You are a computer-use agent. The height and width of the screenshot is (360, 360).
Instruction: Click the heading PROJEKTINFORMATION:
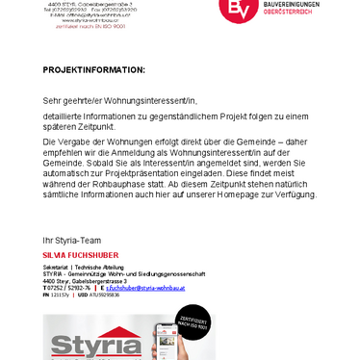94,70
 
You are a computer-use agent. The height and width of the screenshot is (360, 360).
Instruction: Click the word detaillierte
64,116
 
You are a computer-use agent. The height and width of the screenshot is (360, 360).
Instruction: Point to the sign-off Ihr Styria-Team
75,240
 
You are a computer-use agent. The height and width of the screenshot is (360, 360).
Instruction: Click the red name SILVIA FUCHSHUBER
87,254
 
